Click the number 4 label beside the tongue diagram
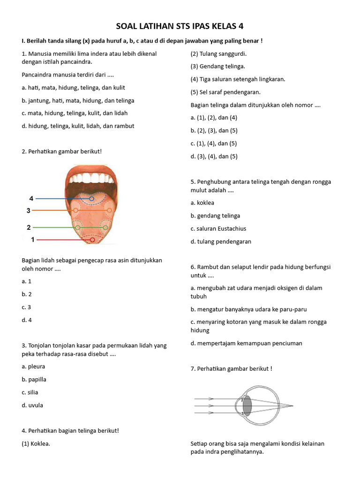pos(31,198)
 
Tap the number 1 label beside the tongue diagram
pos(33,240)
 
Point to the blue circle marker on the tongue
pos(92,199)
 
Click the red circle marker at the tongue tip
pos(92,240)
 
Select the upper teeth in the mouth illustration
pos(92,178)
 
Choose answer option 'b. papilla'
pos(34,379)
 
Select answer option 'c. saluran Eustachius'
pos(218,229)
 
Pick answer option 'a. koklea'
pos(202,203)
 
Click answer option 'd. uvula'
pos(32,405)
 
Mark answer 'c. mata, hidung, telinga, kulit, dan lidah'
pos(75,113)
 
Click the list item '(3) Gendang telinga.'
pos(217,66)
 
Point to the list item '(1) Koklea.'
pos(36,443)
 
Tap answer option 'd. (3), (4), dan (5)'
pos(214,156)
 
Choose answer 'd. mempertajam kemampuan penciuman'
pos(246,343)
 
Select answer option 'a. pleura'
pos(33,367)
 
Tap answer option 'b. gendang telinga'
pos(215,216)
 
